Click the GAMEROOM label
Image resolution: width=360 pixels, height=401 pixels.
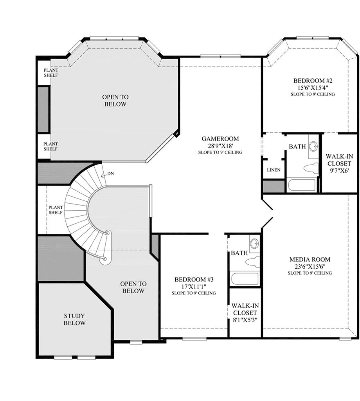click(x=220, y=139)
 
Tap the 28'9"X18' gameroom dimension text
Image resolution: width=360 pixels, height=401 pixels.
click(x=220, y=146)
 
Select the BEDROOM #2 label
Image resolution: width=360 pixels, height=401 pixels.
click(x=312, y=81)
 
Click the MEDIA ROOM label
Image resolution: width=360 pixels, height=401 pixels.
click(x=310, y=259)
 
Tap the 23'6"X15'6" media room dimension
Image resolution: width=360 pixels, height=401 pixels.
click(x=310, y=266)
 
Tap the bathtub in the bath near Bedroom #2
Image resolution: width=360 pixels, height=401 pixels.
click(x=302, y=184)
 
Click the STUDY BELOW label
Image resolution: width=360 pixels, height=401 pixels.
click(x=75, y=319)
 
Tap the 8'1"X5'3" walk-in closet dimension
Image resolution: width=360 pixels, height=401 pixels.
click(x=245, y=320)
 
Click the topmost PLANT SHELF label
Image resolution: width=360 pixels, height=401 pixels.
click(x=51, y=73)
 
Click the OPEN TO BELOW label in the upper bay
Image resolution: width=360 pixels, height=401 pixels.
click(x=115, y=101)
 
